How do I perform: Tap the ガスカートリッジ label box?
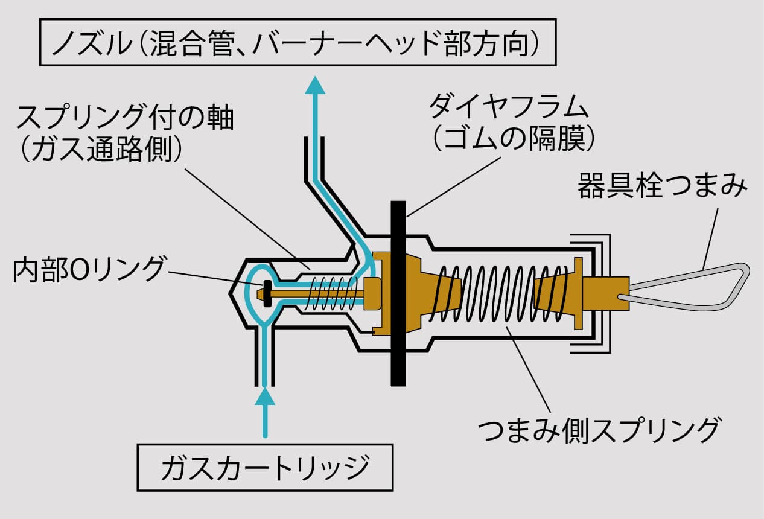[265, 467]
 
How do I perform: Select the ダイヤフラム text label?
[508, 107]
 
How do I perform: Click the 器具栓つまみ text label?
[662, 186]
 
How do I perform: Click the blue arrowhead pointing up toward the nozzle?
[314, 85]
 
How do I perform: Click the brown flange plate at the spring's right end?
[579, 293]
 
